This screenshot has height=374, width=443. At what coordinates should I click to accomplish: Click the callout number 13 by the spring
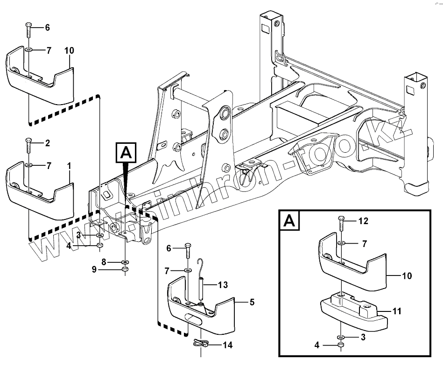coord(223,284)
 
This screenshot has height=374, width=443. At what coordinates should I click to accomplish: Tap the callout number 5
coord(252,302)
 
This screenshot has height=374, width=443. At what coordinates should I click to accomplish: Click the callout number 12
coord(364,221)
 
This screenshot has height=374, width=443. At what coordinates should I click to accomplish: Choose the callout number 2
coord(47,142)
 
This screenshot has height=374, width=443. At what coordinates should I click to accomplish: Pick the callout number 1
coord(70,165)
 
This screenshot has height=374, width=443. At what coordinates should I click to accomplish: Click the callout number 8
coord(105,262)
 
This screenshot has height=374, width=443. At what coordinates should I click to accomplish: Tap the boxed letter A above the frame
coord(126,153)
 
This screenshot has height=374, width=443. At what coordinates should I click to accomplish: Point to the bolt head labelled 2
coord(28,141)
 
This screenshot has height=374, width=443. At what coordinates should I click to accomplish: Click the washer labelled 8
coord(125,262)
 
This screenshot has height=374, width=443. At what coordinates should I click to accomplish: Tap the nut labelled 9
coord(125,270)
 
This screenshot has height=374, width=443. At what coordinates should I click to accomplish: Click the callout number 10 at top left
coord(69,50)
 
